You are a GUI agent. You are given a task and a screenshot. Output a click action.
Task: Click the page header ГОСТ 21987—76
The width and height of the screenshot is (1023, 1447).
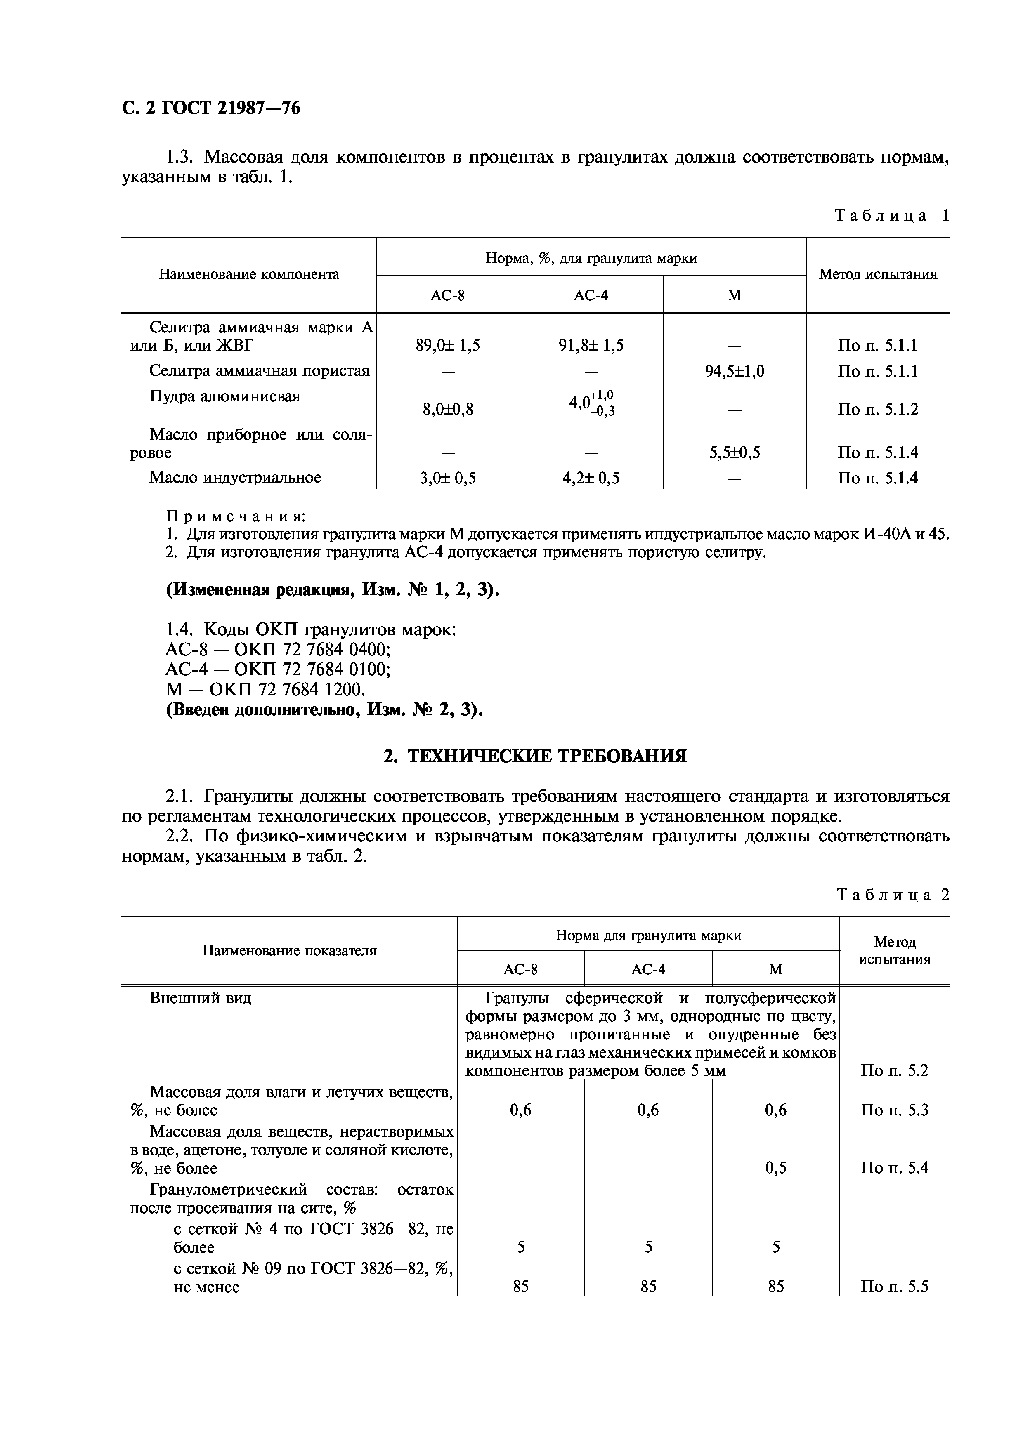(211, 109)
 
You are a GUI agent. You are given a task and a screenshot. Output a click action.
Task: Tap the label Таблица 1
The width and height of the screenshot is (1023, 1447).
(891, 216)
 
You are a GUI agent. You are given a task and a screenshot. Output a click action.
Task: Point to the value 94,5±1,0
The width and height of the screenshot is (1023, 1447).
(734, 371)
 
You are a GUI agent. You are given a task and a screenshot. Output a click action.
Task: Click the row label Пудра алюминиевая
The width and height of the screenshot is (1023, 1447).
(225, 396)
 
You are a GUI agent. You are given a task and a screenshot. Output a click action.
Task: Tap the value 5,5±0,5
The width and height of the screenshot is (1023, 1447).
(734, 452)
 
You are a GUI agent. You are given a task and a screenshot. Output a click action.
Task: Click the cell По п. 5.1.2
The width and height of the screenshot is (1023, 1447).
(877, 410)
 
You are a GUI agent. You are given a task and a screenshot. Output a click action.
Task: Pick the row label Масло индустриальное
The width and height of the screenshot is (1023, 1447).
(235, 478)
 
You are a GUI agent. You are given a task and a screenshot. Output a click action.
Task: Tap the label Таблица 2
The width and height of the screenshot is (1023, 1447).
(893, 895)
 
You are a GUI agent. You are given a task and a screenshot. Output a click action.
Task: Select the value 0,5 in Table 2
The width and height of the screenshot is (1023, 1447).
(775, 1168)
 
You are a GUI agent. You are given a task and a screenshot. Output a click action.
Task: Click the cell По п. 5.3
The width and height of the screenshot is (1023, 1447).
(894, 1110)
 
